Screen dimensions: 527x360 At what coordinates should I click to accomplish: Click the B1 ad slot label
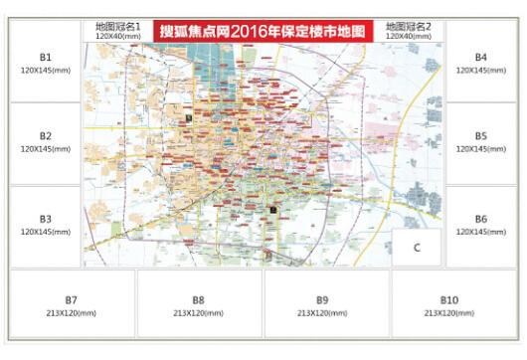click(x=46, y=58)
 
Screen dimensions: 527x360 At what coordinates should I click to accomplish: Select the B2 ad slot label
click(x=46, y=135)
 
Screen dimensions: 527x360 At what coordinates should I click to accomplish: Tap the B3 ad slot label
click(x=46, y=218)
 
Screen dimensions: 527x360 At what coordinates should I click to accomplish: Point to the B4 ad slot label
click(x=480, y=58)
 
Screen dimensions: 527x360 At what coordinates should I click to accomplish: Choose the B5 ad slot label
click(x=480, y=135)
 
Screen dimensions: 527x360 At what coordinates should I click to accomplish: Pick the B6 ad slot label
click(x=480, y=218)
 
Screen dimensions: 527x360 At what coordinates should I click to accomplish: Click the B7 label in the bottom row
click(x=72, y=299)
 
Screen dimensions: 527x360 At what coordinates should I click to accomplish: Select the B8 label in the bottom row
click(x=199, y=299)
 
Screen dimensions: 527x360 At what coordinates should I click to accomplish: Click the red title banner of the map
click(x=263, y=31)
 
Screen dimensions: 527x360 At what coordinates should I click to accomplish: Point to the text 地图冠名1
click(x=118, y=26)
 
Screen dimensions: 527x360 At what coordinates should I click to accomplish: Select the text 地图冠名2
click(x=409, y=26)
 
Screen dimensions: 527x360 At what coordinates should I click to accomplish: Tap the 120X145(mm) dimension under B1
click(x=46, y=72)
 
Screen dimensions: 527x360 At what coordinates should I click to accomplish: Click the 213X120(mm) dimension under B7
click(x=72, y=313)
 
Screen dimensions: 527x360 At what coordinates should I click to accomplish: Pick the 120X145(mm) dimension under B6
click(x=480, y=232)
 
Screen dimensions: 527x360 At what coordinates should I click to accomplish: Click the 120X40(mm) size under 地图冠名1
click(x=118, y=36)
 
